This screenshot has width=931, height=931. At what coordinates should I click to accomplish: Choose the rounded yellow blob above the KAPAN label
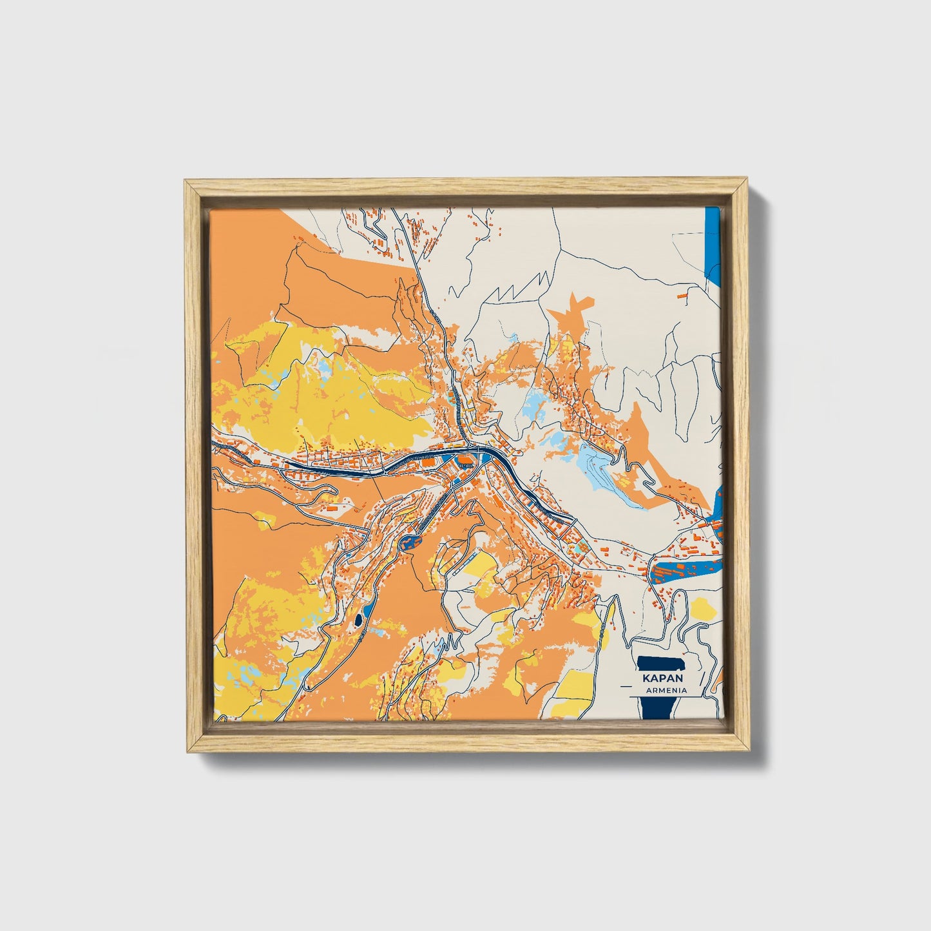pyautogui.click(x=702, y=608)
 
